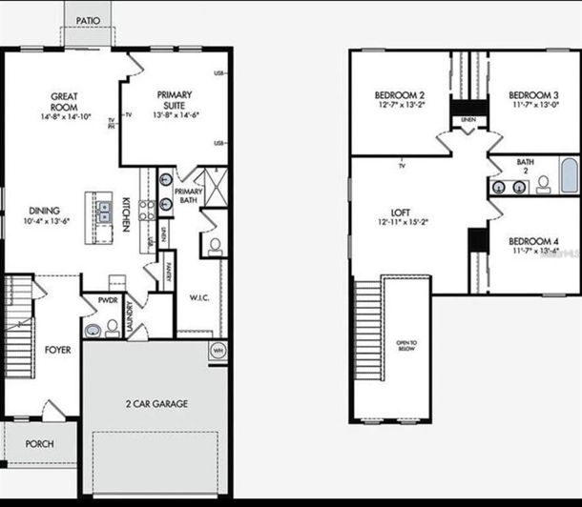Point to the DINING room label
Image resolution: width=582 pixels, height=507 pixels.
[44, 214]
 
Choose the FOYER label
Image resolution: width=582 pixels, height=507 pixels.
[57, 351]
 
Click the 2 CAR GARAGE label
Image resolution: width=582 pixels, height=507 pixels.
[156, 404]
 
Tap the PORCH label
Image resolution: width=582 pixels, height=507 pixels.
[39, 444]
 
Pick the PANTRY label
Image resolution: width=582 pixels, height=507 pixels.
[168, 270]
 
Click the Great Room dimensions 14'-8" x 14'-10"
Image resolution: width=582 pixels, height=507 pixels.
[65, 117]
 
